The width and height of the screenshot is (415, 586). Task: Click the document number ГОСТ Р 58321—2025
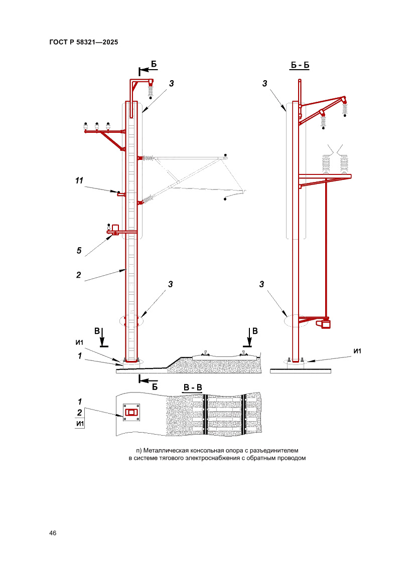[83, 42]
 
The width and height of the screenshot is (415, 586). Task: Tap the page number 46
[53, 533]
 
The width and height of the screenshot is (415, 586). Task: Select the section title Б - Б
[300, 65]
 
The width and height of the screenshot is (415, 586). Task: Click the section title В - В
[192, 387]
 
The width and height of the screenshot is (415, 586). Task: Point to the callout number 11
[79, 180]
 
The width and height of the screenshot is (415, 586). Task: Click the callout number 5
[79, 251]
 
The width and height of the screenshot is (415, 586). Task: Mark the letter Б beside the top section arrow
[154, 64]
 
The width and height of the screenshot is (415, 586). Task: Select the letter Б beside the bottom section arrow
[155, 387]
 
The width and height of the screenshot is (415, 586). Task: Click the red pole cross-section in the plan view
[131, 412]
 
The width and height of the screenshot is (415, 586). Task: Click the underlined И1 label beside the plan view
[80, 424]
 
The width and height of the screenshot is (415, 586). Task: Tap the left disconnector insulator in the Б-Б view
[326, 163]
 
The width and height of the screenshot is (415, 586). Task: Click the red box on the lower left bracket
[115, 228]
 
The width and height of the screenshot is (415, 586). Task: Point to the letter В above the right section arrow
[255, 331]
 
